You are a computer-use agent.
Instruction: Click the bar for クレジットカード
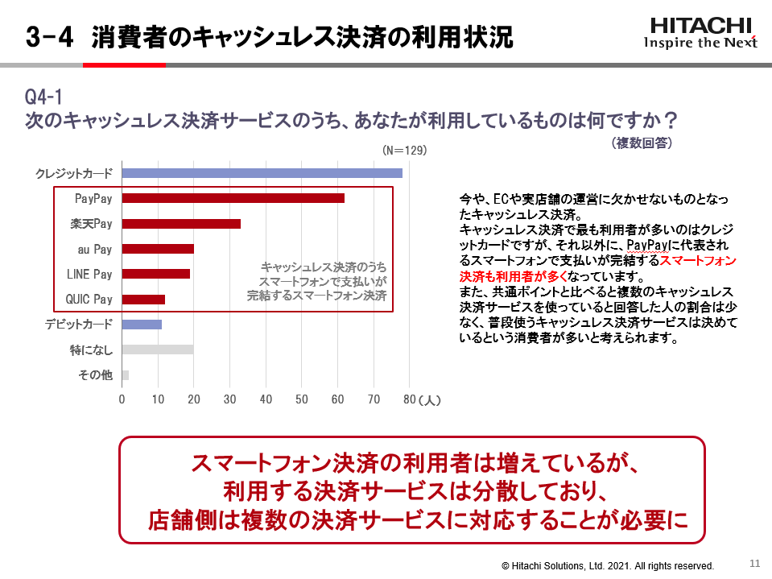pos(262,173)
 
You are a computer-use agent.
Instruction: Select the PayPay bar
pos(233,198)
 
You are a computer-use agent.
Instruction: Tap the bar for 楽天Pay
pos(181,224)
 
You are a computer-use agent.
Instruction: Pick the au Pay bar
pos(158,249)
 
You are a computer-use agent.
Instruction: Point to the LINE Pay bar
pos(156,274)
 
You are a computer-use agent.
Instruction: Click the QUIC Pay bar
pos(143,300)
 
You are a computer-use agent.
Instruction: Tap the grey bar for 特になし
pos(158,349)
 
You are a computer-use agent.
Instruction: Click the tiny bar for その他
pos(126,374)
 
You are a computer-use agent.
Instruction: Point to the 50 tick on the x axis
pos(302,399)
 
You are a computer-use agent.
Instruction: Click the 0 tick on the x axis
pos(122,399)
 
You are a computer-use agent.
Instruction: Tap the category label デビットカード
pos(79,325)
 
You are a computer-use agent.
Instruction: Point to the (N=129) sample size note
pos(404,151)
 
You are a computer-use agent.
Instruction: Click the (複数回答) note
pos(642,143)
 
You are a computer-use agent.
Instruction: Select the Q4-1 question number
pos(43,97)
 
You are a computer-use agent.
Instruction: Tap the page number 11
pos(754,563)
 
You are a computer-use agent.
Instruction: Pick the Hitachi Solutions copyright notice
pos(608,566)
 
